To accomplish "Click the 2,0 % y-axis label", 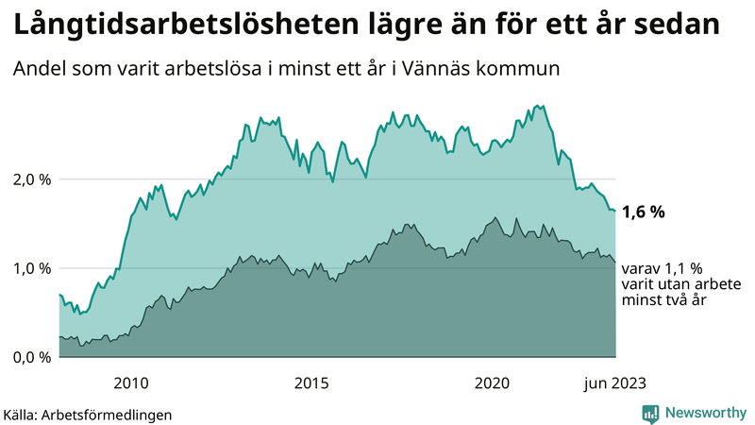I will (x=31, y=179).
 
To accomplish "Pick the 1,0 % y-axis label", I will (x=31, y=268).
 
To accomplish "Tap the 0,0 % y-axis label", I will (x=31, y=357).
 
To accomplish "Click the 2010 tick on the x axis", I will (x=131, y=382).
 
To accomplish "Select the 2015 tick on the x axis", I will (x=311, y=382).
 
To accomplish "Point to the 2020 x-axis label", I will (x=492, y=382).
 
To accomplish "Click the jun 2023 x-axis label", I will (x=615, y=382).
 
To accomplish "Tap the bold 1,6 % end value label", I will (x=644, y=212).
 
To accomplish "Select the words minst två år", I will (x=664, y=300).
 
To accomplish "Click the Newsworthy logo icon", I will (x=650, y=413).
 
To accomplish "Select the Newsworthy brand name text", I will (x=703, y=413).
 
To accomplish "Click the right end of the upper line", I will (x=615, y=211).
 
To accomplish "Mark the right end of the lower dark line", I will (x=615, y=262).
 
